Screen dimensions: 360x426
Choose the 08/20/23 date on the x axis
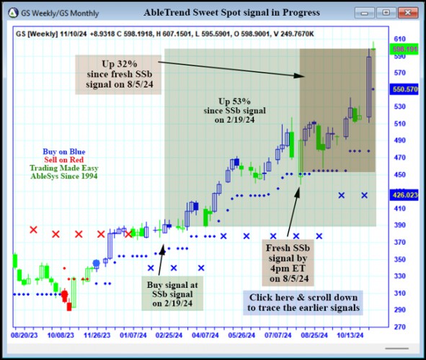coord(25,335)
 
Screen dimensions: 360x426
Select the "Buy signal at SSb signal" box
coord(172,293)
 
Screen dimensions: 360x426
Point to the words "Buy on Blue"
coord(63,151)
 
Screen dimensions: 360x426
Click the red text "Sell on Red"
coord(63,160)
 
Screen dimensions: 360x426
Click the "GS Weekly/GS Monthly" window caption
coord(56,12)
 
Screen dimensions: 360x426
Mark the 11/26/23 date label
coord(100,335)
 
